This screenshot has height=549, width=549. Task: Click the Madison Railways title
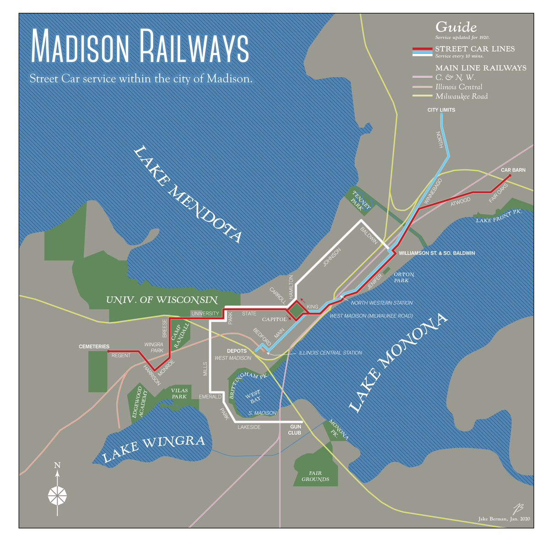[140, 47]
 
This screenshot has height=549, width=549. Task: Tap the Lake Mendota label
[188, 194]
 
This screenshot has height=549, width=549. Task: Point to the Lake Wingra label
[153, 448]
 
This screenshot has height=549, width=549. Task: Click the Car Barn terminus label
[513, 170]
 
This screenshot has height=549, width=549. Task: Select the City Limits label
[441, 110]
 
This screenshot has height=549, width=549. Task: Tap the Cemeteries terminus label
[94, 347]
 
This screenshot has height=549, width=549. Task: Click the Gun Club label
[295, 430]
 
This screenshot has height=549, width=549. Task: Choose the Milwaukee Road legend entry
[461, 97]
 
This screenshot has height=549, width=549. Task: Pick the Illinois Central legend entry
[458, 87]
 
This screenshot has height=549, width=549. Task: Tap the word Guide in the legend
[456, 27]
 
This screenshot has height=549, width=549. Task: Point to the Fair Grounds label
[315, 476]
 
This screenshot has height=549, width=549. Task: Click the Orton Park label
[404, 277]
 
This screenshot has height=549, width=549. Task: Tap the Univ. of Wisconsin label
[161, 300]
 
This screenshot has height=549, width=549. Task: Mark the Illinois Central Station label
[330, 353]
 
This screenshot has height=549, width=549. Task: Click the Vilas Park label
[179, 393]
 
